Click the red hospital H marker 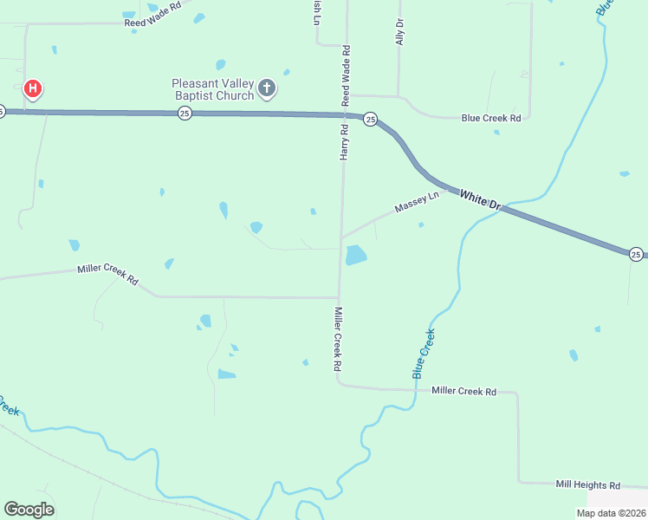[33, 89]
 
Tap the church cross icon [267, 88]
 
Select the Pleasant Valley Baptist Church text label [212, 89]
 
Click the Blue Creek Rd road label [491, 118]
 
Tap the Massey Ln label [417, 203]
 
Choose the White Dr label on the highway [480, 200]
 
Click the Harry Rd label [344, 141]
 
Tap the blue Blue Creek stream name [424, 353]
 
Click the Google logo [29, 510]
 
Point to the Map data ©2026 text [611, 513]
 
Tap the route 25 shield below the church [185, 114]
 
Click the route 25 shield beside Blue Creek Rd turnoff [370, 119]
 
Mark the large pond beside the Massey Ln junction [356, 255]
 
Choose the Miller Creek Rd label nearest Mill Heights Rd [463, 392]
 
